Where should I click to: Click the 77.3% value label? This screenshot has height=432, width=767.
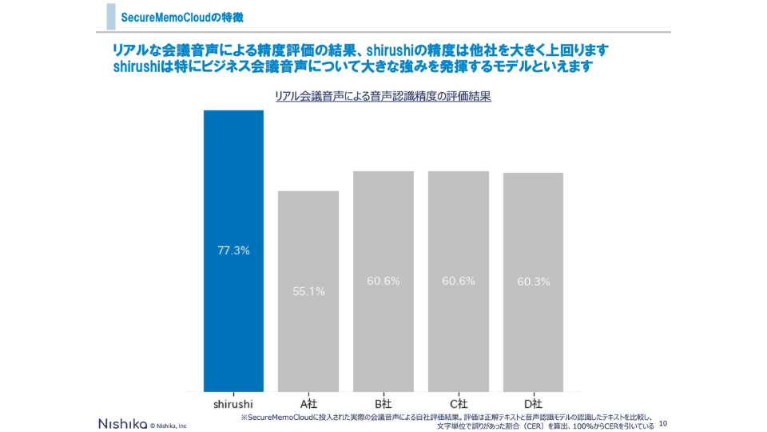[x=233, y=250]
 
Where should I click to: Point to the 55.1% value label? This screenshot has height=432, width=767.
[x=308, y=291]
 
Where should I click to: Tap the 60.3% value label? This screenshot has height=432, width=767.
[x=533, y=282]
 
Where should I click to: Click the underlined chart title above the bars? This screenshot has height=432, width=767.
[x=383, y=96]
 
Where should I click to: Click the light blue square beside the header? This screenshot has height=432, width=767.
[x=111, y=17]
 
